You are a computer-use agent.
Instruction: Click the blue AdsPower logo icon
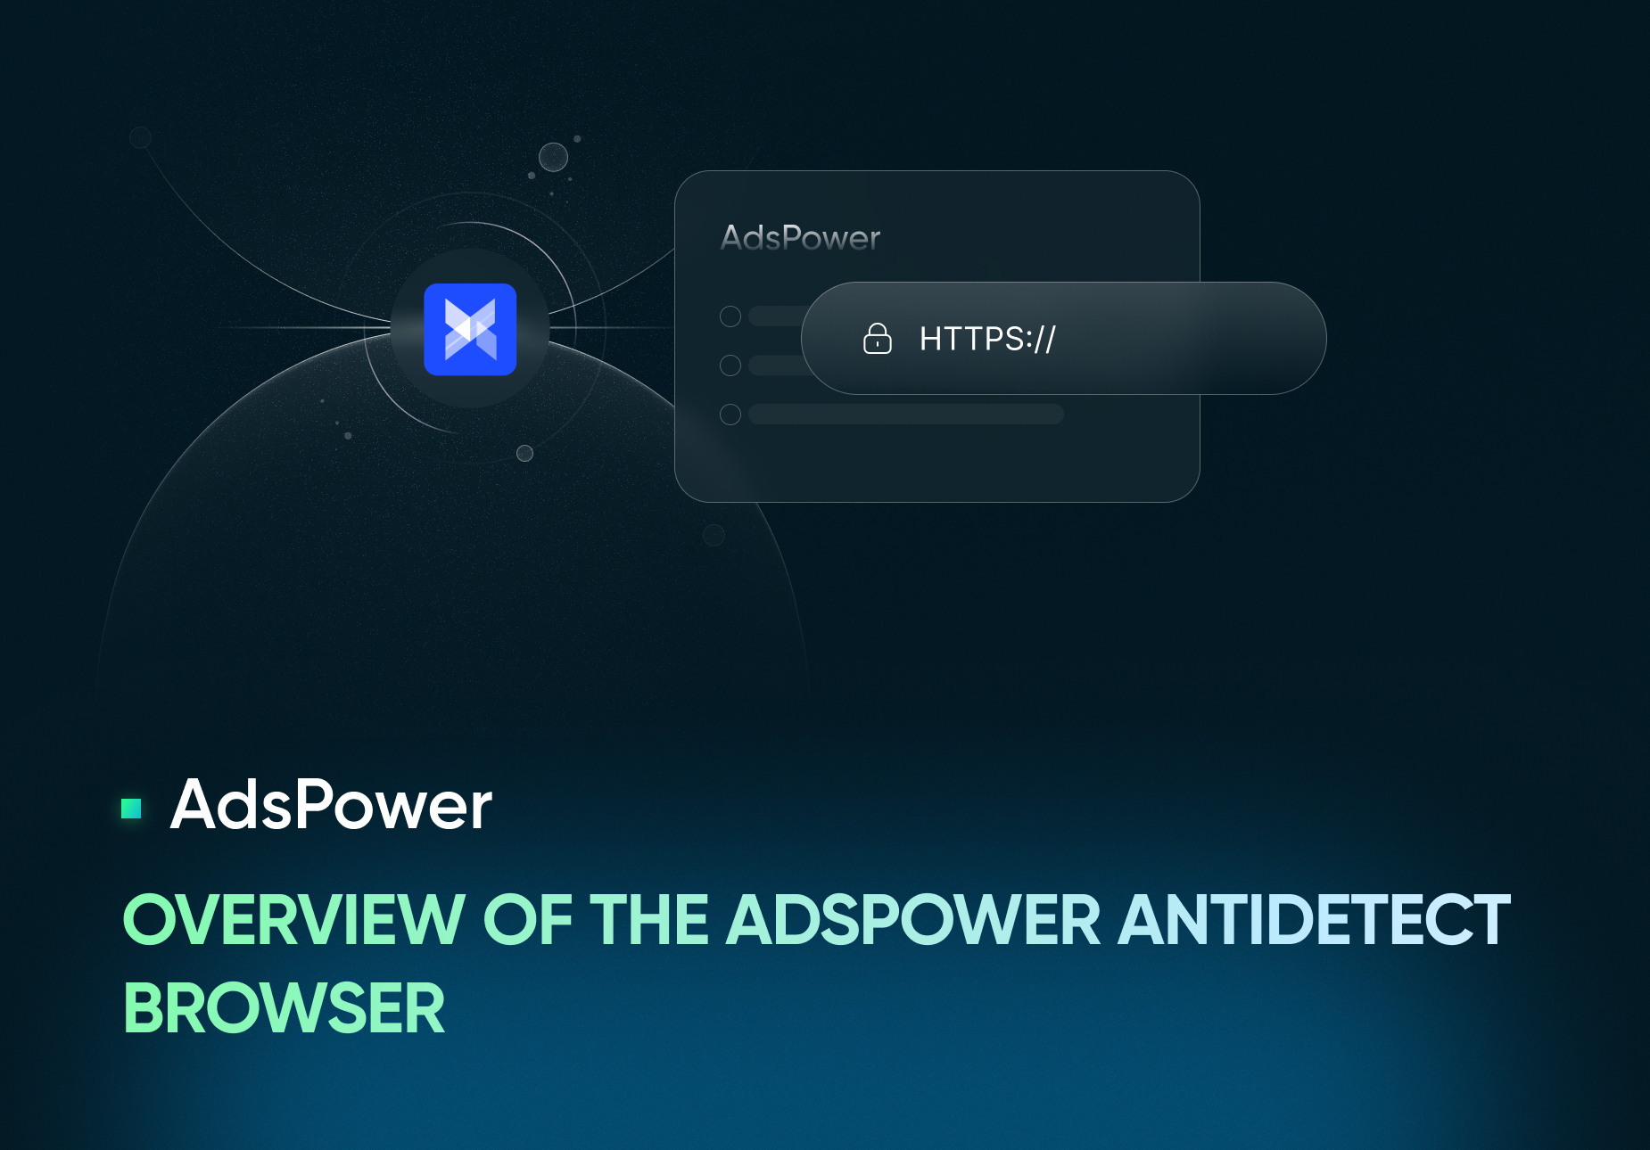click(x=470, y=329)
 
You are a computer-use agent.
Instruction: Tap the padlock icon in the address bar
click(x=878, y=339)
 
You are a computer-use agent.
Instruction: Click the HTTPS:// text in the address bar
click(x=987, y=339)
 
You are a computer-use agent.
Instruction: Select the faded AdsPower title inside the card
click(x=800, y=238)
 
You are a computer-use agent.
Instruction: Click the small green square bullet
click(x=131, y=808)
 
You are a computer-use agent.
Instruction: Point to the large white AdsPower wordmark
click(x=331, y=805)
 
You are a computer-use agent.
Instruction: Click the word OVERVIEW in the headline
click(x=294, y=920)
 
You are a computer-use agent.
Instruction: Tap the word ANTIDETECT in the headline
click(x=1315, y=920)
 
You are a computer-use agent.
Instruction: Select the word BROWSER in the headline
click(x=284, y=1008)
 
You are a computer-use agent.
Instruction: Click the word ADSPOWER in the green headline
click(x=914, y=920)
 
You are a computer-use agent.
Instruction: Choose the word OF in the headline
click(x=527, y=920)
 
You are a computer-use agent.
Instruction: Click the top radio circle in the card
click(x=730, y=316)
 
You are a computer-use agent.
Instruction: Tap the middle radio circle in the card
click(x=730, y=366)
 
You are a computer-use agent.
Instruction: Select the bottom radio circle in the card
click(x=730, y=415)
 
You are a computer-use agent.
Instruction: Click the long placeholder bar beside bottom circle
click(x=906, y=415)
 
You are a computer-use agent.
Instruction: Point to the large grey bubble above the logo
click(x=554, y=158)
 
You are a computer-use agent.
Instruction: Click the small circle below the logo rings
click(x=525, y=454)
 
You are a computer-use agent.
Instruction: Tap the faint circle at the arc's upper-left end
click(x=140, y=137)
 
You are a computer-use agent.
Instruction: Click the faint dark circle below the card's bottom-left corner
click(x=714, y=535)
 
